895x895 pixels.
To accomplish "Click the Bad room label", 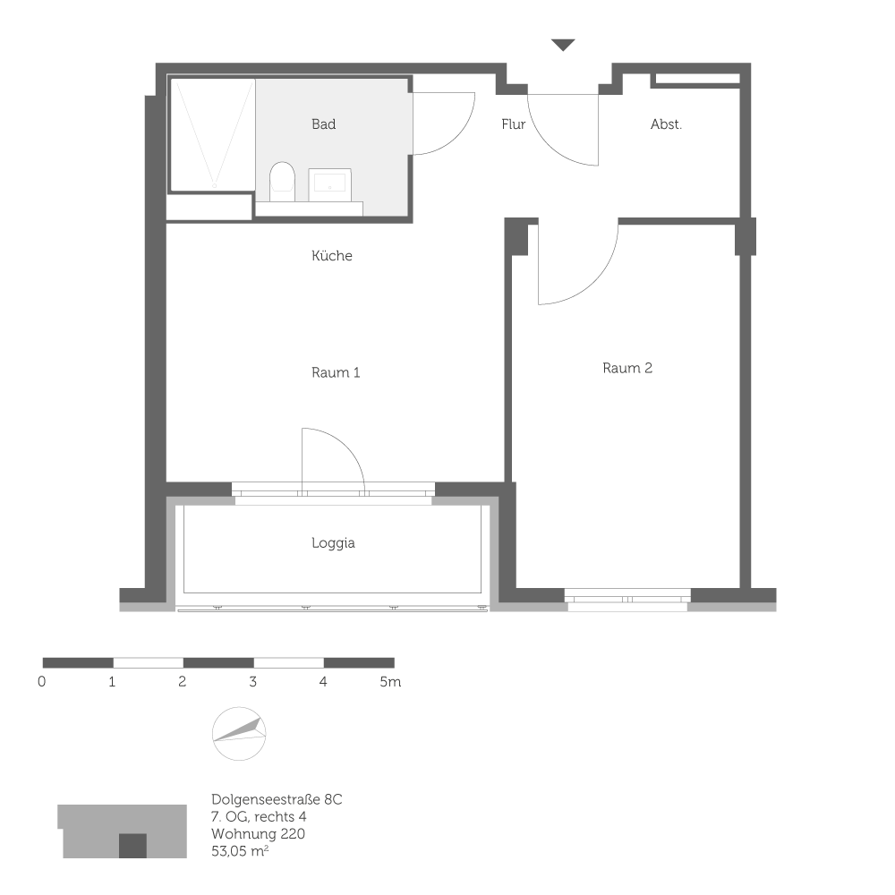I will tap(323, 124).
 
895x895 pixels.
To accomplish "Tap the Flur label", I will tap(513, 124).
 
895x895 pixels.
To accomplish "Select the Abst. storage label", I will tap(666, 124).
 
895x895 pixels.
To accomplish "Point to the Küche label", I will tap(332, 256).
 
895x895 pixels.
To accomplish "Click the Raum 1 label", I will tap(336, 372).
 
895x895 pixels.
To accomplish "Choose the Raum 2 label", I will tap(627, 368).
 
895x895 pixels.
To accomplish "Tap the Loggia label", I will tap(333, 542).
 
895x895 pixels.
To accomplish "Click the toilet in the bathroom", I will tap(282, 181).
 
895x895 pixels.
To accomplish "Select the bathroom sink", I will tap(330, 183).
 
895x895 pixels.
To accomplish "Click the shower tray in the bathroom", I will tap(212, 134).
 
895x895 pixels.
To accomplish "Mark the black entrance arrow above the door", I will tap(562, 45).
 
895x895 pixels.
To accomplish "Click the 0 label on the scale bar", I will tap(42, 682).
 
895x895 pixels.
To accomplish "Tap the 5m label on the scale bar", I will tap(390, 682).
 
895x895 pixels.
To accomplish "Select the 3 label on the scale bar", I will tap(253, 682).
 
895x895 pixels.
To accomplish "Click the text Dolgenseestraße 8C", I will tap(277, 799).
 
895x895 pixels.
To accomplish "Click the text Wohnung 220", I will tap(259, 833).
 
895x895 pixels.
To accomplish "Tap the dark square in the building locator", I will tap(132, 845).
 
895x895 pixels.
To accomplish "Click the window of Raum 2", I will tap(627, 598).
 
